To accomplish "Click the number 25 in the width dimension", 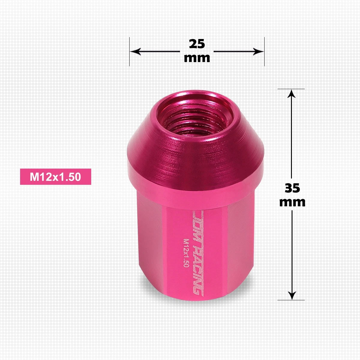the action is click(197, 44).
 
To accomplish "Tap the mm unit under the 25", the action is click(197, 58).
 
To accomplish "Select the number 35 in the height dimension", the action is click(292, 188).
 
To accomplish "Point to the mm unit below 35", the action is click(292, 202).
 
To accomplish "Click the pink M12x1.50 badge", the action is click(55, 176).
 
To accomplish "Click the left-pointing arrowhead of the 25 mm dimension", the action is click(135, 51).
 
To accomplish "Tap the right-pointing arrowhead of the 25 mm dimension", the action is click(258, 51).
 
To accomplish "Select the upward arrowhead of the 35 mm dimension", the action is click(291, 94).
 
